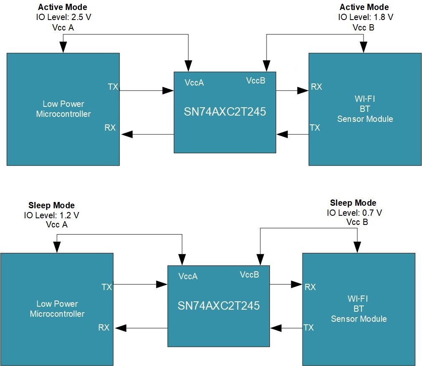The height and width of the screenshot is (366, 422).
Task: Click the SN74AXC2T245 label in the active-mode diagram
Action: pos(225,112)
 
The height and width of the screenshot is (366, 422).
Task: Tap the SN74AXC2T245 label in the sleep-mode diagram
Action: pos(219,305)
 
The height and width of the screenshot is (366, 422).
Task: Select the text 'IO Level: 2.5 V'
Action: pos(63,17)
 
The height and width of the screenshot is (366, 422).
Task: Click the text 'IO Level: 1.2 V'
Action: pos(52,215)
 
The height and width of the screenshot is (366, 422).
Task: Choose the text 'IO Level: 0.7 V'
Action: pos(354,213)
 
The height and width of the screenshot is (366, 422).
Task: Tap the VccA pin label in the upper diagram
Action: pos(194,83)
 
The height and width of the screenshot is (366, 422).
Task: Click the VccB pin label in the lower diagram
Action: pos(249,275)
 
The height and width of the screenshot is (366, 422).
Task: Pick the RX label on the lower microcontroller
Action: pos(104,328)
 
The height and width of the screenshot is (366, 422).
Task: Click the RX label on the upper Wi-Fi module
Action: pos(316,87)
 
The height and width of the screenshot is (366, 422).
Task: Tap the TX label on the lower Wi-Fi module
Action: pos(308,328)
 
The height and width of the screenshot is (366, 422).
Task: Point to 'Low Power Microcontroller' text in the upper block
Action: pos(63,109)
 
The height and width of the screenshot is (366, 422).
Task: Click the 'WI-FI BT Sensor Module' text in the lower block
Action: pos(358,309)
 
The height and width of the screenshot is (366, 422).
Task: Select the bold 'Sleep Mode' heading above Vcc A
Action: pos(51,205)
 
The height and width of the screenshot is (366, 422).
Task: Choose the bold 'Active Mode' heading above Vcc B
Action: pos(364,8)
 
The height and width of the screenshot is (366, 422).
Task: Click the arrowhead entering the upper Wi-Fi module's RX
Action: pos(303,90)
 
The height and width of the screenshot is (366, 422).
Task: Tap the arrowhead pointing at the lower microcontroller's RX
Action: pos(121,328)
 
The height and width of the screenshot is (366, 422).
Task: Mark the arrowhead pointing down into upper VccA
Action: pos(188,66)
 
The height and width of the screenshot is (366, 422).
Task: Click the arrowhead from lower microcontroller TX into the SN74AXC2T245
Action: pos(162,285)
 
